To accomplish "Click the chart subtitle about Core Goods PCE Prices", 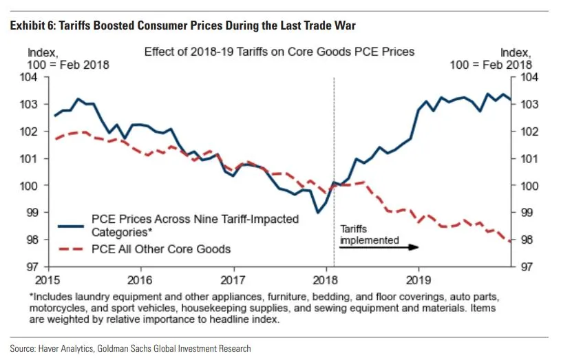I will click(x=279, y=52).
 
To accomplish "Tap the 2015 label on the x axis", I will click(x=47, y=279).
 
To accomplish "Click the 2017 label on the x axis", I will click(x=233, y=279).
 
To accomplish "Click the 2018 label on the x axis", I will click(x=326, y=279).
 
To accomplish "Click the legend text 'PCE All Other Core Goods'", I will click(x=162, y=249).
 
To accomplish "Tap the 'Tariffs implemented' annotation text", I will click(x=369, y=235).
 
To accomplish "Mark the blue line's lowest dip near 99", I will click(x=317, y=213).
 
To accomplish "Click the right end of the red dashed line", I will click(x=510, y=242).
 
